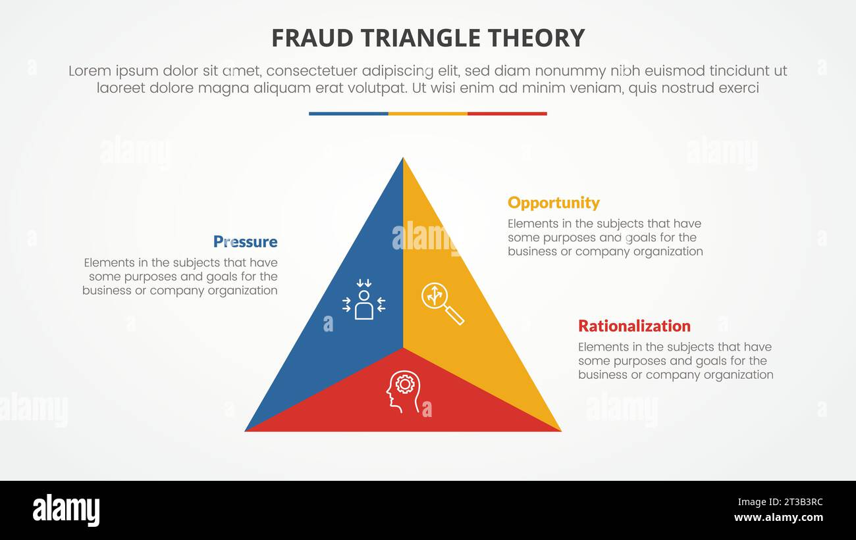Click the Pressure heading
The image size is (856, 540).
(245, 241)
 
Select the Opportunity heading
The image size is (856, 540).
(554, 203)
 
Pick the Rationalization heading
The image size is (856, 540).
(634, 326)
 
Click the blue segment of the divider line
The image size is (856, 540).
(348, 114)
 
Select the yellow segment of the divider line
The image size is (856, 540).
(428, 114)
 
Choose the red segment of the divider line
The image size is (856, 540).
(507, 114)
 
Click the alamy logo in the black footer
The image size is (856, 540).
(66, 510)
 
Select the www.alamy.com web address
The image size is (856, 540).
(778, 518)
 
